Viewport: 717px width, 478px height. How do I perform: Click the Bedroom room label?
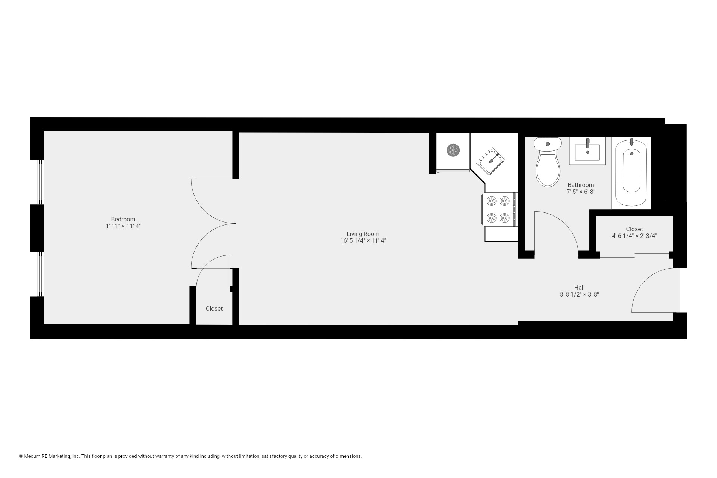point(123,219)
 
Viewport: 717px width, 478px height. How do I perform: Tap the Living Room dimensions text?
point(363,241)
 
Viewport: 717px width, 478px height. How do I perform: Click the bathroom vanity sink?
point(587,151)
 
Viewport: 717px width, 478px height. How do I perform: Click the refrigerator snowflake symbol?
point(453,150)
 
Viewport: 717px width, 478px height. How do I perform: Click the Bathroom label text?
point(581,185)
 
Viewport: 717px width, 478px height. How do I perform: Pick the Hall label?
point(579,288)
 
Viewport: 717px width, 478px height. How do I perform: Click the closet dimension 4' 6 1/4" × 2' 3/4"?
point(634,236)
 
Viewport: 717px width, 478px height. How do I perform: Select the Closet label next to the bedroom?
point(214,309)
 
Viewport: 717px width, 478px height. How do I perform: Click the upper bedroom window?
point(40,182)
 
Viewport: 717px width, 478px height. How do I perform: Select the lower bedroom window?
point(40,274)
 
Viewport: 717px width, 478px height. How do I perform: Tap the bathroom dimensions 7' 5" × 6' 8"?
point(581,192)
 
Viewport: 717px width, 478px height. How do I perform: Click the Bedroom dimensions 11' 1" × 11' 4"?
point(123,226)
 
